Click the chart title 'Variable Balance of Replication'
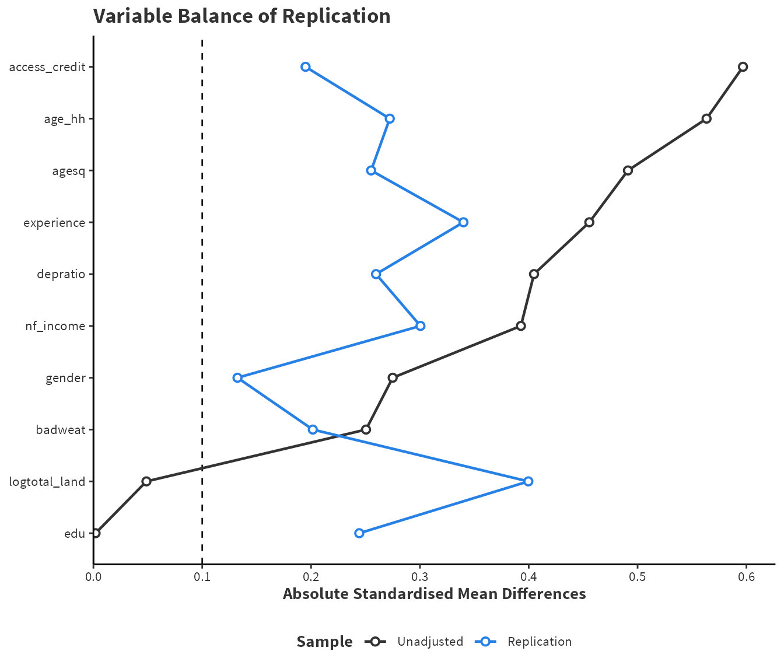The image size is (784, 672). [x=242, y=16]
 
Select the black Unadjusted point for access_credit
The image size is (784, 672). [x=743, y=66]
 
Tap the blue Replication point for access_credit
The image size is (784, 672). [x=305, y=66]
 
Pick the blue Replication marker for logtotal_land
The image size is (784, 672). [x=528, y=481]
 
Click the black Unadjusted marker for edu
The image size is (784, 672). [x=96, y=533]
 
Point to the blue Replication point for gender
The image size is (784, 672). [x=237, y=377]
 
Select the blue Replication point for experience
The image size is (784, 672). [x=463, y=222]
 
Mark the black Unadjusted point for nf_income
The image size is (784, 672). [x=521, y=325]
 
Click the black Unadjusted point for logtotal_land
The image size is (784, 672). [x=146, y=481]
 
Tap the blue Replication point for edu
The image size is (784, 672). [x=359, y=533]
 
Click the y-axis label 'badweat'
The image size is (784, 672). [x=61, y=430]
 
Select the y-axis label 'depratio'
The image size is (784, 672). [x=61, y=274]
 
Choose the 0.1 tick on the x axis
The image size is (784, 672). [x=202, y=577]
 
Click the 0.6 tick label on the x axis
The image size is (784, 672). [x=746, y=577]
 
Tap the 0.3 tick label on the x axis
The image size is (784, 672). [x=419, y=577]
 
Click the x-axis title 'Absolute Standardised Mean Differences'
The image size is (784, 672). [x=434, y=594]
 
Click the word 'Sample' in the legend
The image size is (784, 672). [x=324, y=642]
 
